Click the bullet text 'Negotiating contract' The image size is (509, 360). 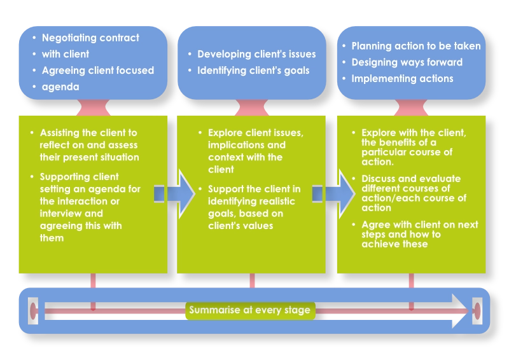click(90, 38)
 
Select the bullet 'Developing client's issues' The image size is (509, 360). click(256, 55)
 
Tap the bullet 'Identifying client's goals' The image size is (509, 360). click(253, 70)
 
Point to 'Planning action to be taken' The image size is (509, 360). click(416, 46)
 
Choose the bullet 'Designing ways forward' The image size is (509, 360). click(407, 62)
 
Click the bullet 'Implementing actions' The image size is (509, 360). click(402, 79)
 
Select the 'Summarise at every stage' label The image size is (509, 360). click(249, 310)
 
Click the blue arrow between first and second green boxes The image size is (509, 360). click(173, 189)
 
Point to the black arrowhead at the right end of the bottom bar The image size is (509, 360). click(459, 311)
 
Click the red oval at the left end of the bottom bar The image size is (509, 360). click(33, 311)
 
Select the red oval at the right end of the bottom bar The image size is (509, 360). click(477, 311)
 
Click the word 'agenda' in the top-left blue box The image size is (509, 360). click(60, 87)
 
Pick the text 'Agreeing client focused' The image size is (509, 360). click(98, 71)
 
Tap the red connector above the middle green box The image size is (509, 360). click(252, 107)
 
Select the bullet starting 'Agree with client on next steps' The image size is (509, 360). click(419, 234)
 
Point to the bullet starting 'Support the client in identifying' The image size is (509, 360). click(254, 207)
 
